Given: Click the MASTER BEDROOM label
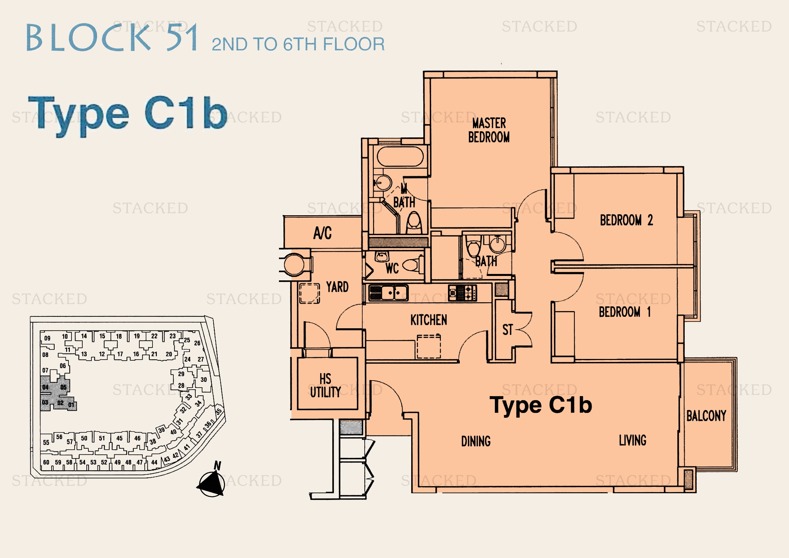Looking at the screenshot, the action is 489,130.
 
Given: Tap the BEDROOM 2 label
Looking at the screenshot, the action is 626,220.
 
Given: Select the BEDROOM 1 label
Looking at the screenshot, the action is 625,312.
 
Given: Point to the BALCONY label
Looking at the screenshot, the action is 706,416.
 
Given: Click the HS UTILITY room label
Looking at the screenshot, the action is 326,386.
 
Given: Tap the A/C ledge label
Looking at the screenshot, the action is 322,233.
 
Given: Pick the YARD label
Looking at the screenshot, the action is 337,287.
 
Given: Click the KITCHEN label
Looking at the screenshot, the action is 429,320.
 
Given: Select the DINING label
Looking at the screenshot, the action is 476,441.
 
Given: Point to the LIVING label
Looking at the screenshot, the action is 632,440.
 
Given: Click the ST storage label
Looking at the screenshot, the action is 507,330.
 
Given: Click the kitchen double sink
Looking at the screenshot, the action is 388,293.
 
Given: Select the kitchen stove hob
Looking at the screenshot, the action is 462,293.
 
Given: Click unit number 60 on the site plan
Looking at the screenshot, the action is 46,462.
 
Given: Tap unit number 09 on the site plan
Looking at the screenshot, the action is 48,338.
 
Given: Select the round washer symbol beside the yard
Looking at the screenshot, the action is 294,264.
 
